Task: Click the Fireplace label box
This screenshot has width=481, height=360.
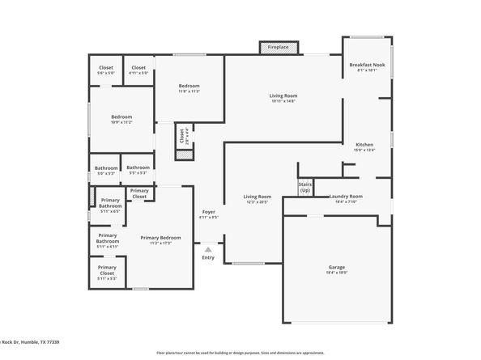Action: coord(278,48)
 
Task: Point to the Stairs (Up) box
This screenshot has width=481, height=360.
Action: coord(305,188)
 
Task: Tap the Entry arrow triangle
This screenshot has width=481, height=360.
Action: coord(208,249)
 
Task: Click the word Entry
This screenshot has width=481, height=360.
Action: coord(208,257)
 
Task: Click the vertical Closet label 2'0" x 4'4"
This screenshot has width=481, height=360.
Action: coord(183,136)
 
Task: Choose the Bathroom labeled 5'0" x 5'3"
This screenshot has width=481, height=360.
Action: coord(106,170)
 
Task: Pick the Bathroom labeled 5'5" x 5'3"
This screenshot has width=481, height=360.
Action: coord(138,170)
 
